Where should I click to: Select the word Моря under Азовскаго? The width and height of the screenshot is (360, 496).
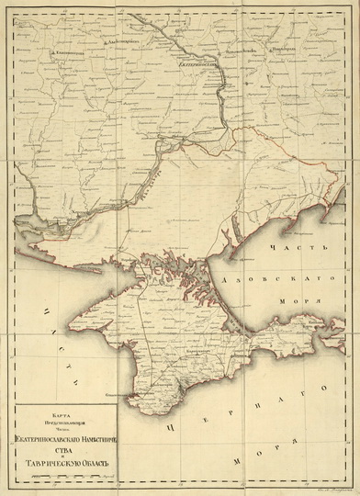coord(305,302)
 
